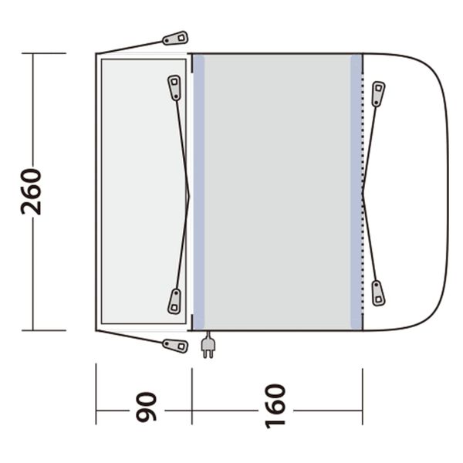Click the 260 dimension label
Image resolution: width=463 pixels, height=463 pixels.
click(33, 191)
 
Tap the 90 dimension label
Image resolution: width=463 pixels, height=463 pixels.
click(146, 407)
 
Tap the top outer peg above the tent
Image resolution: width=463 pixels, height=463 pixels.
click(175, 38)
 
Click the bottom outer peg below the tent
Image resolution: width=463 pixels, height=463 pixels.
click(175, 345)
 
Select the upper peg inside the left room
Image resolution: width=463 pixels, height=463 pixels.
click(175, 86)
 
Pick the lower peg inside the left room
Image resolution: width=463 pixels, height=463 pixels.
click(175, 301)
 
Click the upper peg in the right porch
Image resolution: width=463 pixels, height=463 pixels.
click(377, 93)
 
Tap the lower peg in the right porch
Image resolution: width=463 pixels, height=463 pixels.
click(377, 293)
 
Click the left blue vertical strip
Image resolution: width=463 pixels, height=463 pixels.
click(198, 191)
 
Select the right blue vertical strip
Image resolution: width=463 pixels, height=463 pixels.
click(356, 191)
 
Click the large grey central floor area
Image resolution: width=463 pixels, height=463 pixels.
click(278, 191)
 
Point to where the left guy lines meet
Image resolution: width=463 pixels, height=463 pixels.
click(188, 193)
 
